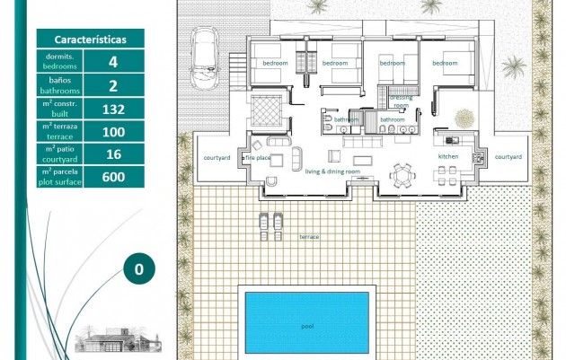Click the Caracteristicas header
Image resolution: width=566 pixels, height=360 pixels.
90,40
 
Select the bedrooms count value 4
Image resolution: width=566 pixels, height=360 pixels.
112,62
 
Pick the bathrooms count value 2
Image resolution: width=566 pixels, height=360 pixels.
112,85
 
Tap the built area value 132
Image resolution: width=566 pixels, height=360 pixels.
112,109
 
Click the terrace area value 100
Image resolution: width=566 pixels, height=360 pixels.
112,131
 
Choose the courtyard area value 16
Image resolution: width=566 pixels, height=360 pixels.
112,154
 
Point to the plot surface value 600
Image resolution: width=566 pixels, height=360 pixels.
112,177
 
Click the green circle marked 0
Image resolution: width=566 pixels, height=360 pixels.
138,268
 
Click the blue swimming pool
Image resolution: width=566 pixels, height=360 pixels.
306,319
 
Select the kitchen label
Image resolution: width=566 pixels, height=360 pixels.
447,156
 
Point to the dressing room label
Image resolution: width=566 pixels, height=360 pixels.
400,101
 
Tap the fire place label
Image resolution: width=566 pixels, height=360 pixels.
258,158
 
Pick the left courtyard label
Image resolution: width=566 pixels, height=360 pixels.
217,157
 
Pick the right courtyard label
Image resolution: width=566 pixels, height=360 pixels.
508,156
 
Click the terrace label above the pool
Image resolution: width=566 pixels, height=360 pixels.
309,236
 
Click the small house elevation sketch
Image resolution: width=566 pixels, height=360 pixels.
117,339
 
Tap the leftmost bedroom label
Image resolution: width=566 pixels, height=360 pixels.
275,64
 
